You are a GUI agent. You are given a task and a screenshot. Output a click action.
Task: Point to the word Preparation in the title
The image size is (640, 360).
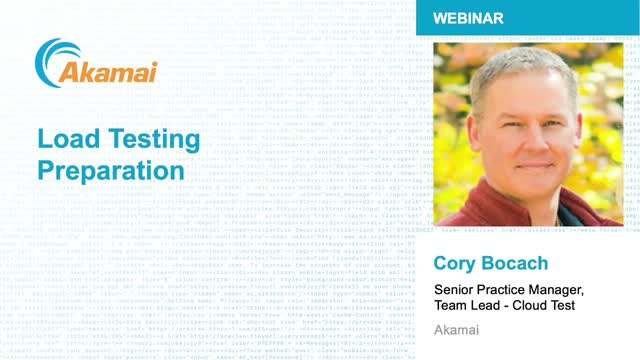coord(111,169)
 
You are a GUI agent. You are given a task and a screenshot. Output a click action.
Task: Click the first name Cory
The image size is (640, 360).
coord(456,265)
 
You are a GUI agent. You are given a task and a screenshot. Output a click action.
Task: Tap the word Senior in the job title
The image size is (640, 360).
coord(456,290)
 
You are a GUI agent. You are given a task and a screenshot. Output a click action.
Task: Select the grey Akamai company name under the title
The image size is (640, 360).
coord(455,332)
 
